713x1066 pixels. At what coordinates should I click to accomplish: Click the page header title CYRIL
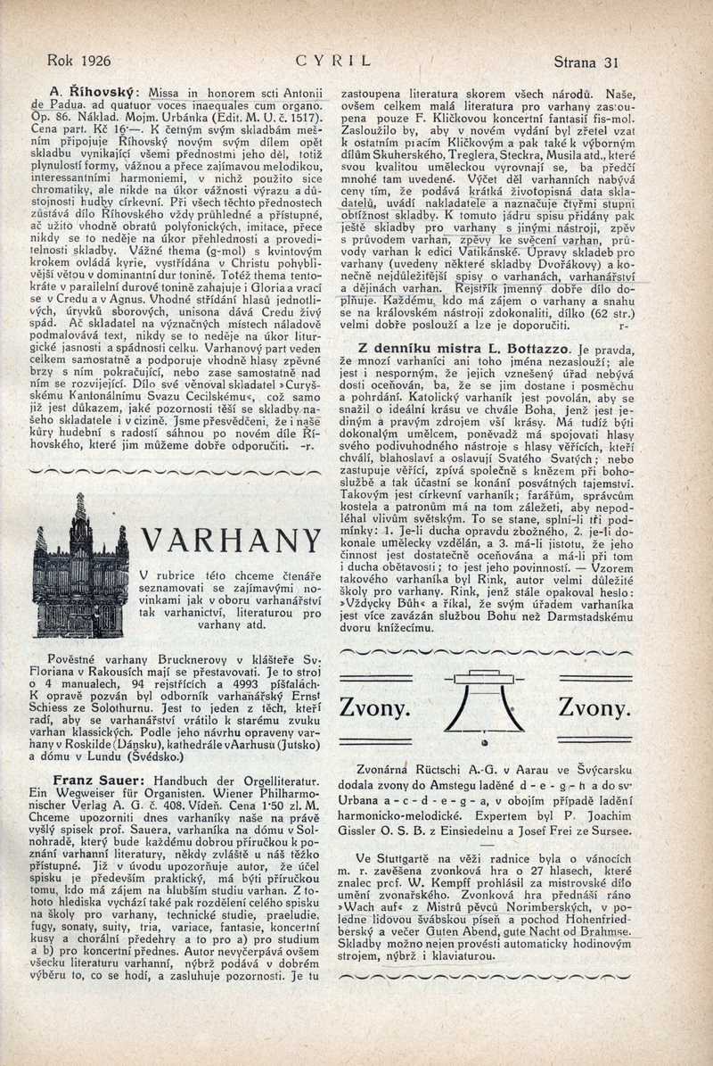pos(335,62)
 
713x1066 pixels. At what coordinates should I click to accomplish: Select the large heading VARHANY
pos(231,541)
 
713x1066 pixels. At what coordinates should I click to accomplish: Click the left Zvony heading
pos(375,708)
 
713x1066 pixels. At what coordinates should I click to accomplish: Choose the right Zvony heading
pos(594,708)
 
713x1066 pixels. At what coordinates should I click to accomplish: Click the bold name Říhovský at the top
pos(102,91)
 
